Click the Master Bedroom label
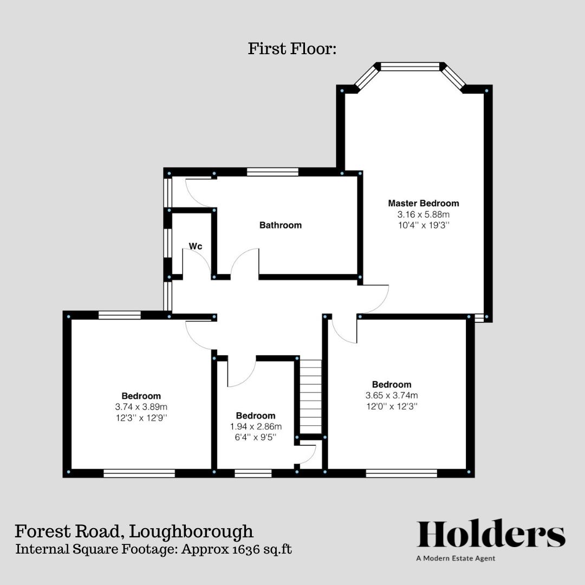[x=423, y=204]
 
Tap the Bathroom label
[x=280, y=225]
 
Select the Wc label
[x=196, y=247]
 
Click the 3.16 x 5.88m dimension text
[x=423, y=214]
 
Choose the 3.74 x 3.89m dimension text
[x=141, y=407]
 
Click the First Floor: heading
[x=292, y=49]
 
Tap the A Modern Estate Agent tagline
[x=456, y=558]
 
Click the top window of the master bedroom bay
[x=409, y=67]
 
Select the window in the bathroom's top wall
[x=272, y=172]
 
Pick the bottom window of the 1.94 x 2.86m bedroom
[x=253, y=473]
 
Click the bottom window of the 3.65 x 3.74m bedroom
[x=401, y=473]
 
